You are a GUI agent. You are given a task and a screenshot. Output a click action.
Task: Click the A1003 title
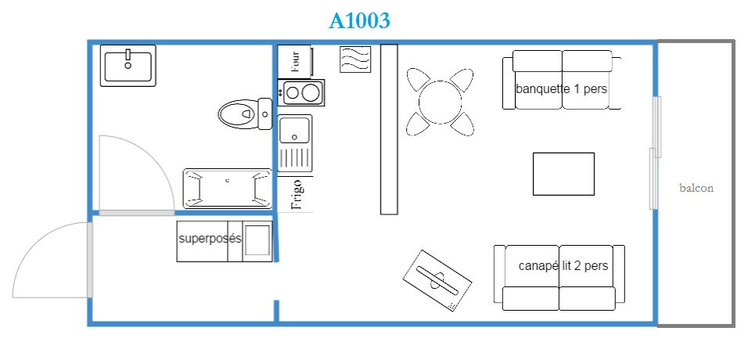pyautogui.click(x=359, y=20)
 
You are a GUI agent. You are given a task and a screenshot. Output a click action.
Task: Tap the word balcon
pyautogui.click(x=696, y=188)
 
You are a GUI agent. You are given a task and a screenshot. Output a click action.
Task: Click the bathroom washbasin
pyautogui.click(x=128, y=66)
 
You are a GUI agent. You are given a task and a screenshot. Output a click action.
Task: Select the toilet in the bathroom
pyautogui.click(x=245, y=113)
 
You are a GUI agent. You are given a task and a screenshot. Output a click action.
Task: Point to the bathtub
pyautogui.click(x=228, y=189)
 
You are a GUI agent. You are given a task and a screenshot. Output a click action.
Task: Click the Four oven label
pyautogui.click(x=296, y=60)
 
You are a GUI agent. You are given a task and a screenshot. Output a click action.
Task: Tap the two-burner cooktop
pyautogui.click(x=301, y=92)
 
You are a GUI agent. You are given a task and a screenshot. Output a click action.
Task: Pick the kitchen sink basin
pyautogui.click(x=294, y=129)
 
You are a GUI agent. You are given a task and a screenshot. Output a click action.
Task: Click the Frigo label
pyautogui.click(x=297, y=195)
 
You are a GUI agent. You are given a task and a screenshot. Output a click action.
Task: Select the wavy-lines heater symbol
pyautogui.click(x=355, y=59)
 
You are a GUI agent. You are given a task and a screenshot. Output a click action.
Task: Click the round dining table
pyautogui.click(x=441, y=103)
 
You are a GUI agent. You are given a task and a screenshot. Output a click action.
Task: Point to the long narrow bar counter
pyautogui.click(x=389, y=129)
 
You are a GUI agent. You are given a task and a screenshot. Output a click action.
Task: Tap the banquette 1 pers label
pyautogui.click(x=562, y=88)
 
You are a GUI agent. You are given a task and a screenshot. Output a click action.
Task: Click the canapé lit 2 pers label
pyautogui.click(x=563, y=265)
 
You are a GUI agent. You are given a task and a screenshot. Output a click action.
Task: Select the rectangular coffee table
pyautogui.click(x=563, y=174)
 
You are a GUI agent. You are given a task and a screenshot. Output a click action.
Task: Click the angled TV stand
pyautogui.click(x=437, y=280)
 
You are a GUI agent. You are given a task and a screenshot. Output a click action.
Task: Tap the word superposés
pyautogui.click(x=210, y=238)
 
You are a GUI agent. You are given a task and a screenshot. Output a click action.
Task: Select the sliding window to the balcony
pyautogui.click(x=656, y=153)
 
